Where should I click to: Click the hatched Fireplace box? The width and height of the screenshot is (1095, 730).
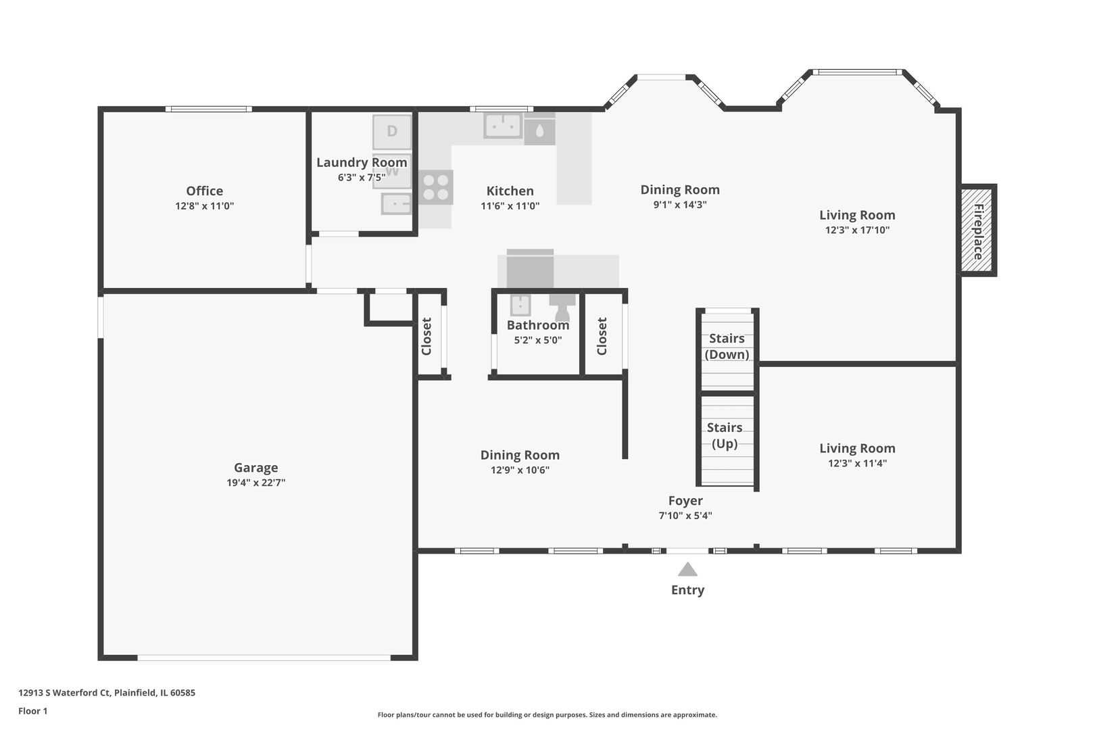[x=977, y=230]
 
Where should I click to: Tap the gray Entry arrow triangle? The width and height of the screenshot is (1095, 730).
[x=687, y=569]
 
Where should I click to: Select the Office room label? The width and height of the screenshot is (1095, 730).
[x=204, y=191]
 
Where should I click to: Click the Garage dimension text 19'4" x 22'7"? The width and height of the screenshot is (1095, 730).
[x=255, y=483]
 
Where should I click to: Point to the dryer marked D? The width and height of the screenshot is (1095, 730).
[x=392, y=132]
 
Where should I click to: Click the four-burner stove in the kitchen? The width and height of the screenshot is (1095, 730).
[x=436, y=187]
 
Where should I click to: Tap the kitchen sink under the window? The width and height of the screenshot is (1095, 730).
[x=503, y=126]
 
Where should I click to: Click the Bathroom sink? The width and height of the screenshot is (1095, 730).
[x=520, y=305]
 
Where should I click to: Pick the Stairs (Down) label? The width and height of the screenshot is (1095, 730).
[x=727, y=346]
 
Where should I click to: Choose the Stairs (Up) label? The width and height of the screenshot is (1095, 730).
[x=725, y=435]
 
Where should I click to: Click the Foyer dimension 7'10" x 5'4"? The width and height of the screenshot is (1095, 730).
[x=685, y=515]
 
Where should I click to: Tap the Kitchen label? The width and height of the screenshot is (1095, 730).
[x=510, y=191]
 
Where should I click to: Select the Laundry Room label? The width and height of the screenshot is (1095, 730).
[x=362, y=162]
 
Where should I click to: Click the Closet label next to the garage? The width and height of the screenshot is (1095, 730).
[x=427, y=337]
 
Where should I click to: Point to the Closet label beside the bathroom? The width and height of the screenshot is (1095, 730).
[x=602, y=337]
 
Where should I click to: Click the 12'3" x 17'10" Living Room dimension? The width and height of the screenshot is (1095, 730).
[x=858, y=230]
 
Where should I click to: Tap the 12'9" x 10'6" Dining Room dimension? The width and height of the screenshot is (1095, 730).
[x=520, y=470]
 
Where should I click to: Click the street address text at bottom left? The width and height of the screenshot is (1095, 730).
[x=107, y=692]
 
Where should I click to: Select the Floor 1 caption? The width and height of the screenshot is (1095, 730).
[x=32, y=711]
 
